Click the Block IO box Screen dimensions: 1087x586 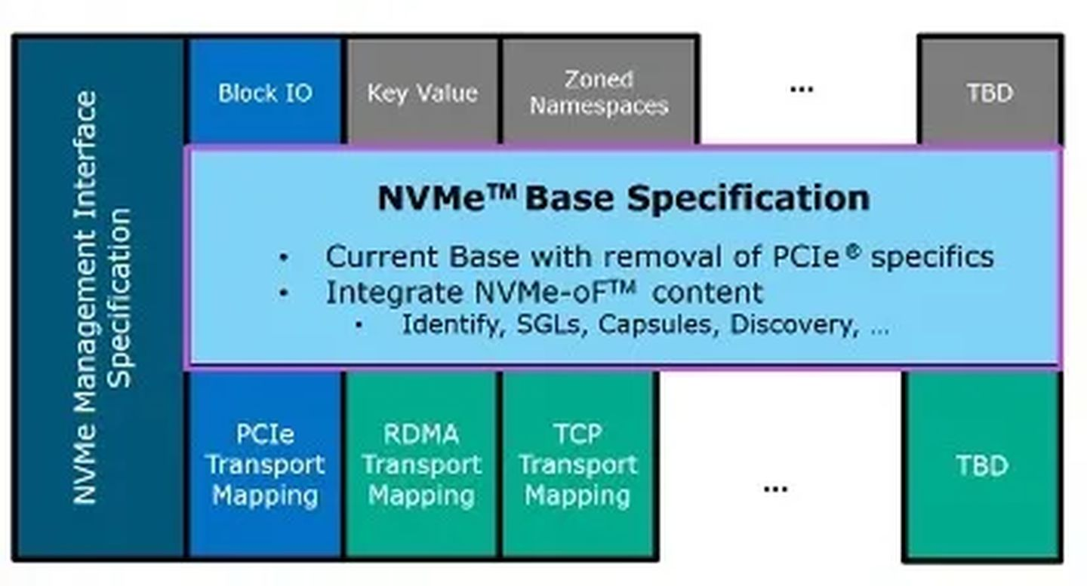(x=265, y=91)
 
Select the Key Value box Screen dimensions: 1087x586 (x=423, y=91)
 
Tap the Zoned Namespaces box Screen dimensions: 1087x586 (x=599, y=91)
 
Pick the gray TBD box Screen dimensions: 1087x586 (x=990, y=91)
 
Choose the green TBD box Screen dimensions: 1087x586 (x=983, y=465)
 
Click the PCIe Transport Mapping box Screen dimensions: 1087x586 (x=265, y=465)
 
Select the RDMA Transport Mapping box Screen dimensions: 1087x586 (x=422, y=465)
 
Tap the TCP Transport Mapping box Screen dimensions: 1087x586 (x=578, y=465)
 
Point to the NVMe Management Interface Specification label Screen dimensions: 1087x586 (x=103, y=297)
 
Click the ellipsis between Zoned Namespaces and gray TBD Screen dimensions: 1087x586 (x=802, y=89)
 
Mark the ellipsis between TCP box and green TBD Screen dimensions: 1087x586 (x=775, y=489)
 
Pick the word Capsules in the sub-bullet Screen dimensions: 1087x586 (x=658, y=325)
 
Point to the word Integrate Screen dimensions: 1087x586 (x=394, y=293)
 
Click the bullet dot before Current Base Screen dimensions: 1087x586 (x=284, y=257)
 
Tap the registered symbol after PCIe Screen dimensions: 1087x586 (x=854, y=251)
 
